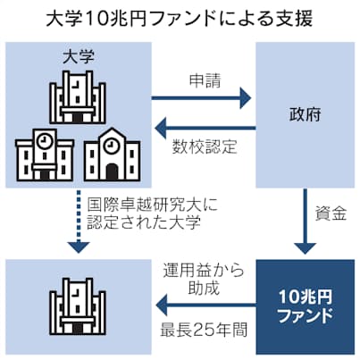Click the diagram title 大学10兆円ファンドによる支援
point(180,18)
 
